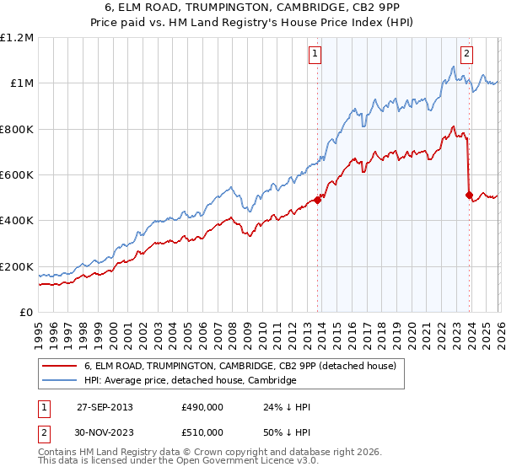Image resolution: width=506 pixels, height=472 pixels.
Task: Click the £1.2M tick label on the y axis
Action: click(x=17, y=38)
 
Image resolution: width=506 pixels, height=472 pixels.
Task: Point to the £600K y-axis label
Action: click(x=17, y=175)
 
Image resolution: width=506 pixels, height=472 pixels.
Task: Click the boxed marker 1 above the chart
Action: click(x=315, y=53)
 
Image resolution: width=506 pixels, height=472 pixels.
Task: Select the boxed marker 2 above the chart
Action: click(x=466, y=53)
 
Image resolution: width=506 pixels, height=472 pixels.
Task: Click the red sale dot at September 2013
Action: click(x=317, y=200)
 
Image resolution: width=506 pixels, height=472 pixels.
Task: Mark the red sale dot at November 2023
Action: click(x=468, y=196)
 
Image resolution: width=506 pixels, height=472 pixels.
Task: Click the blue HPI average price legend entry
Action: click(x=190, y=381)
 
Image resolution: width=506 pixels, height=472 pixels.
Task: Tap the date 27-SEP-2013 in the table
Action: click(x=104, y=406)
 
